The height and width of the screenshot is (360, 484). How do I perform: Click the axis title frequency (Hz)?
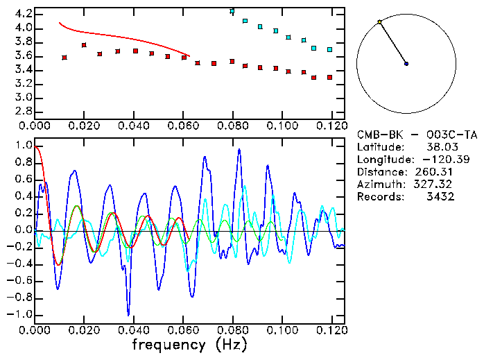pos(189,345)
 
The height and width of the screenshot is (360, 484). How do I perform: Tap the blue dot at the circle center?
pos(406,64)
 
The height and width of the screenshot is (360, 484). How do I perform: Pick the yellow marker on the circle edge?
pos(379,22)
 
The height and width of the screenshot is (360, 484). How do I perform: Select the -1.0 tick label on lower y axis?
pos(21,314)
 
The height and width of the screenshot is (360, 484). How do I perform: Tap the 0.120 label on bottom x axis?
pos(331,330)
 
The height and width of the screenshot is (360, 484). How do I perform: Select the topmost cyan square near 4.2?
pos(232,12)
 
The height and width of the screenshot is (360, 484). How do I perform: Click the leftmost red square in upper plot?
pos(64,58)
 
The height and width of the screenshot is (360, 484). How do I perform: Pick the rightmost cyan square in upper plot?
pos(330,50)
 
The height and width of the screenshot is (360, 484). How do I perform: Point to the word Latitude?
pos(379,147)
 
